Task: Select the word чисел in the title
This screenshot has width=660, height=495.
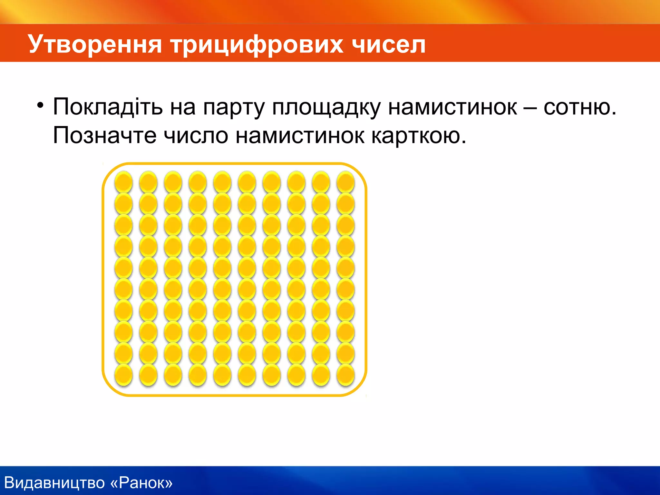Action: pos(389,44)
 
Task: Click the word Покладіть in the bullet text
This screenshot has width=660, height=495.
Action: pos(108,107)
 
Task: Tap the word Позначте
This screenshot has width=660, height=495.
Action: pos(105,135)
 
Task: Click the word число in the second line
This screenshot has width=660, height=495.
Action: pos(196,135)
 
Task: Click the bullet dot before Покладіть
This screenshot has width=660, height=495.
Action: pos(40,105)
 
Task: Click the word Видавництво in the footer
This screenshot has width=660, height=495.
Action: pos(55,483)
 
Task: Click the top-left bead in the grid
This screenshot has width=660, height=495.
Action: pos(123,182)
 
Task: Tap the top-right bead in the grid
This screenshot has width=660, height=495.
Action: pos(345,182)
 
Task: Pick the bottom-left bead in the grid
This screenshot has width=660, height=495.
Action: pos(123,375)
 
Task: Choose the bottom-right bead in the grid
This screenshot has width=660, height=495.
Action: pos(345,375)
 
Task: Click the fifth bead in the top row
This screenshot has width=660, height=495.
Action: pos(222,182)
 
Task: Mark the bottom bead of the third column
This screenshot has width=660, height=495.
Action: pos(173,375)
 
